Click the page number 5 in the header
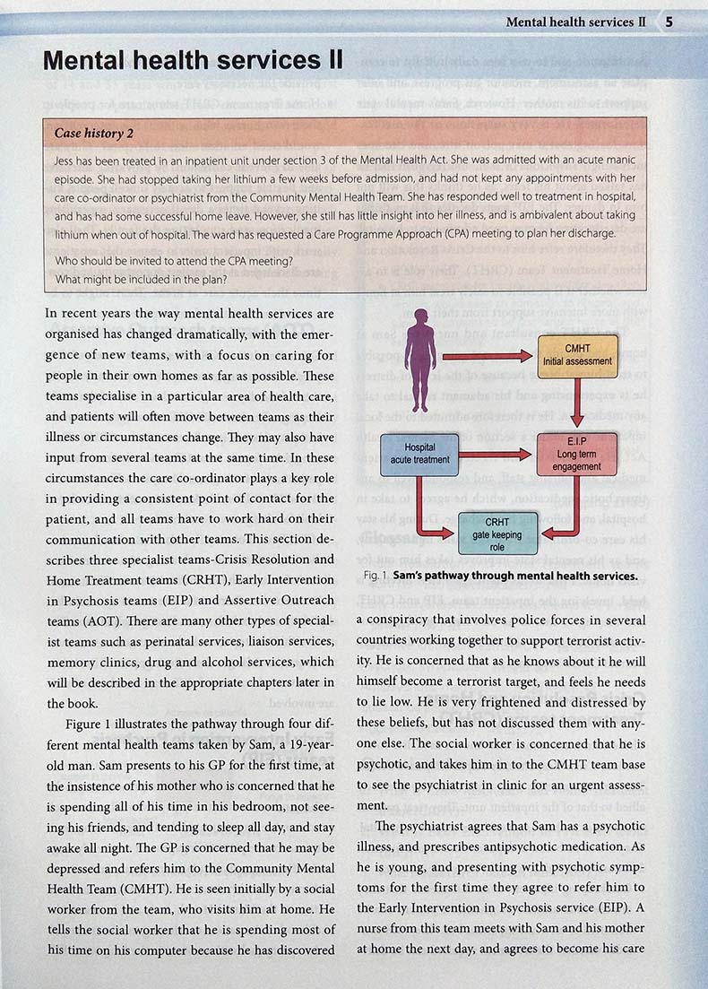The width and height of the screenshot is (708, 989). [669, 21]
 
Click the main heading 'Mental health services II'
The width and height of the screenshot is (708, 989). [193, 61]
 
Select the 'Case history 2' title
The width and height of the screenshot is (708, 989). [94, 134]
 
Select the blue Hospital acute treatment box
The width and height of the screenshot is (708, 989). [419, 453]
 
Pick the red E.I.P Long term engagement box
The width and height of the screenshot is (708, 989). [578, 453]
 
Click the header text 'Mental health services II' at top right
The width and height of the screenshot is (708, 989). [575, 21]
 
